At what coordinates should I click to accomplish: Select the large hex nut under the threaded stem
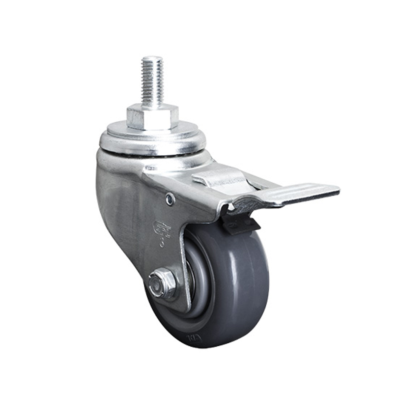pyautogui.click(x=152, y=116)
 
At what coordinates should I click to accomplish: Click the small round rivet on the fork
pyautogui.click(x=170, y=199)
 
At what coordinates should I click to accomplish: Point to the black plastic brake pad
pyautogui.click(x=241, y=224)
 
